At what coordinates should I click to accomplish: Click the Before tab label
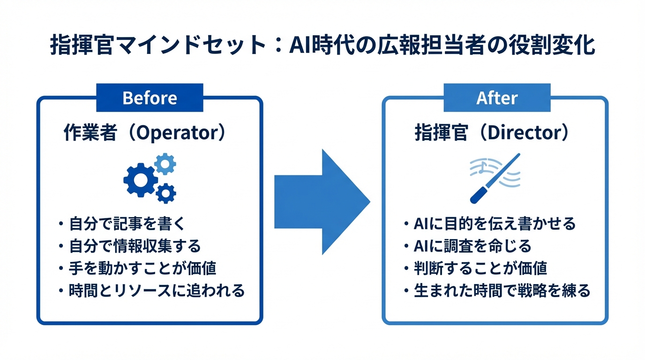pyautogui.click(x=150, y=98)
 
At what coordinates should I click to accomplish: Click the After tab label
pyautogui.click(x=497, y=98)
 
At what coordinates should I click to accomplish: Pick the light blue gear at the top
pyautogui.click(x=165, y=164)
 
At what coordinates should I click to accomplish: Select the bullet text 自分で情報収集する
pyautogui.click(x=135, y=246)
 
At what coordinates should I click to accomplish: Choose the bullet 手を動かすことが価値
pyautogui.click(x=142, y=268)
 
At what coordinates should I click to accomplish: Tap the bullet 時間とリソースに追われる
pyautogui.click(x=157, y=291)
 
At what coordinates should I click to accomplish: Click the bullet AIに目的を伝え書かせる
pyautogui.click(x=495, y=224)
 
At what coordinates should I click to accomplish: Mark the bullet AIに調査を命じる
pyautogui.click(x=472, y=246)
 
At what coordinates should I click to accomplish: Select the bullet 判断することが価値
pyautogui.click(x=480, y=268)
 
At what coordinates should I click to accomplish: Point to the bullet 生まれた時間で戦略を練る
pyautogui.click(x=502, y=291)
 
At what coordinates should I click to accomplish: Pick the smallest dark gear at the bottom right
pyautogui.click(x=166, y=193)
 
